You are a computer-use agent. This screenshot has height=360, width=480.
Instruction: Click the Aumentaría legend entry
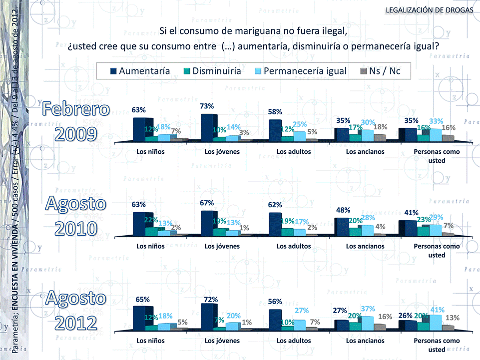click(140, 71)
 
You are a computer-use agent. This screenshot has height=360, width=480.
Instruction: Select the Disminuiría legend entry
click(212, 71)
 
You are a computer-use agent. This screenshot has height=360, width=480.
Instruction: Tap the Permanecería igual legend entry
click(300, 71)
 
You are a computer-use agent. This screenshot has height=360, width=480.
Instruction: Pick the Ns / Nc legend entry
click(380, 71)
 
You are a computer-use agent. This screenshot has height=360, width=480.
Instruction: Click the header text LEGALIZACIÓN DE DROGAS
click(430, 10)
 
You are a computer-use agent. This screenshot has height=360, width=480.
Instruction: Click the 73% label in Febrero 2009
click(207, 106)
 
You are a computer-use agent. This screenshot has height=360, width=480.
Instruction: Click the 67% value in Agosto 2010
click(207, 203)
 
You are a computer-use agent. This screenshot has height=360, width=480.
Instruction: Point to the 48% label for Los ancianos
click(343, 210)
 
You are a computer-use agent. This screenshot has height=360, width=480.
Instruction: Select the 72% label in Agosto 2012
click(207, 300)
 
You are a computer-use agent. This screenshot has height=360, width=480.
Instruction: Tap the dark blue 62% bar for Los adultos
click(275, 224)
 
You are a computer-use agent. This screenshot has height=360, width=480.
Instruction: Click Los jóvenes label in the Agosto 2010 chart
click(222, 246)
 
